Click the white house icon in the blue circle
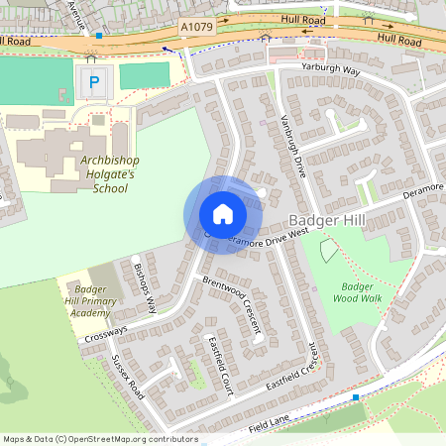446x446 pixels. (x=223, y=213)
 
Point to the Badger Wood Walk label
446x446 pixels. (x=355, y=292)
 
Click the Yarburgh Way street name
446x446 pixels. (x=346, y=72)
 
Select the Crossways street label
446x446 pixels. (x=106, y=332)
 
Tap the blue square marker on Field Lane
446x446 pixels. (x=356, y=397)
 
